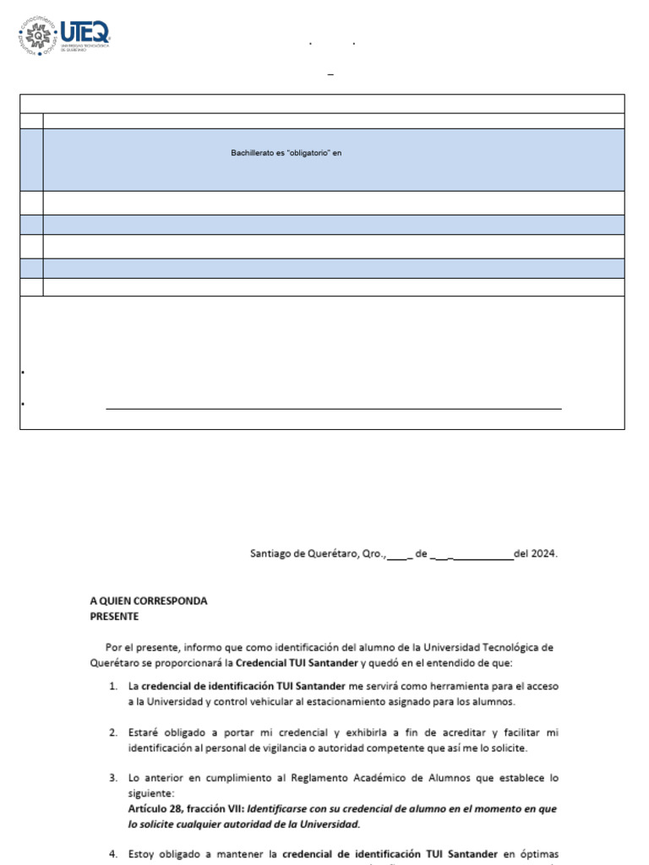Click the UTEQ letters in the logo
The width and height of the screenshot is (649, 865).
(x=86, y=33)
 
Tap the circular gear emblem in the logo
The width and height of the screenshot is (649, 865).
(x=38, y=36)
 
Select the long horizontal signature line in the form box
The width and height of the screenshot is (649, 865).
(x=333, y=409)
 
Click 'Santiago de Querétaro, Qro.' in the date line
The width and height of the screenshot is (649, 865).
(x=317, y=554)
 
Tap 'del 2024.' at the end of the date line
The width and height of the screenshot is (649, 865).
(x=536, y=554)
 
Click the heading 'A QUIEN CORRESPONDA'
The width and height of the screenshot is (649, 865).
(x=149, y=601)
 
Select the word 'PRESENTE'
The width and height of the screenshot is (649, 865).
(x=115, y=616)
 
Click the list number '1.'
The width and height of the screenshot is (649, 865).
(x=112, y=686)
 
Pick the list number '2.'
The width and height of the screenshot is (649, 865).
(x=112, y=732)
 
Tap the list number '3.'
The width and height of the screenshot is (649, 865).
(x=112, y=777)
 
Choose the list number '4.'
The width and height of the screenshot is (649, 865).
(x=112, y=854)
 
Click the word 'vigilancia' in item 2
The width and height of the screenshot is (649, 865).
(x=314, y=748)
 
